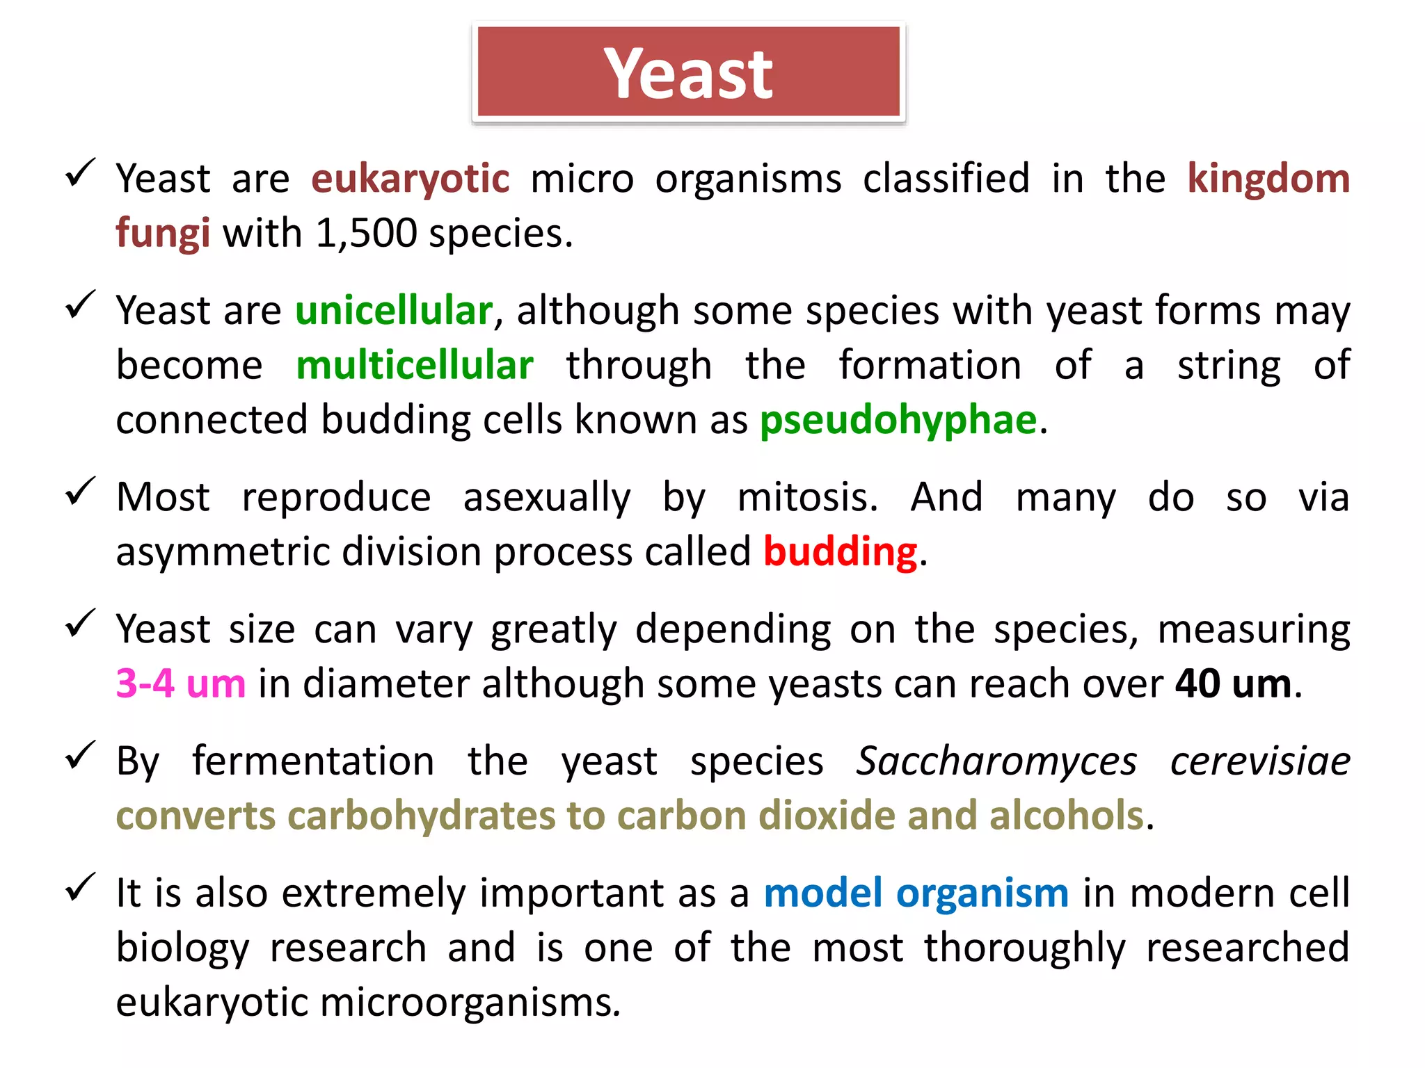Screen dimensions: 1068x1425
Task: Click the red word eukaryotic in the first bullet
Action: (x=411, y=179)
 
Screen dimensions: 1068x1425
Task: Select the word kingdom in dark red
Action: (x=1268, y=179)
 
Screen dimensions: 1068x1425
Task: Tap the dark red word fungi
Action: (x=163, y=234)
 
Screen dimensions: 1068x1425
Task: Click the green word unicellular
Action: (x=394, y=311)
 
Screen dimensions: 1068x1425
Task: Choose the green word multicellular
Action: (x=415, y=366)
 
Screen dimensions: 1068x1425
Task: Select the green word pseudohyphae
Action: (x=898, y=421)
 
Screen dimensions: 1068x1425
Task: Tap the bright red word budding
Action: (x=840, y=553)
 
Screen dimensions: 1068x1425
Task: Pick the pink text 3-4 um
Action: (x=181, y=684)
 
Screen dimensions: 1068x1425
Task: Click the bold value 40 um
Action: (x=1234, y=684)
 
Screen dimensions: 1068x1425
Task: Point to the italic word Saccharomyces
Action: (x=996, y=761)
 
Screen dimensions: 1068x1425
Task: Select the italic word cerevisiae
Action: (x=1260, y=761)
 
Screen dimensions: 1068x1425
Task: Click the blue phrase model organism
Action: (x=916, y=893)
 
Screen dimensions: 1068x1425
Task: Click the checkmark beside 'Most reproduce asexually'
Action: (x=80, y=492)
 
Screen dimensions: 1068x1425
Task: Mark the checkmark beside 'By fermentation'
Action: (x=80, y=756)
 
